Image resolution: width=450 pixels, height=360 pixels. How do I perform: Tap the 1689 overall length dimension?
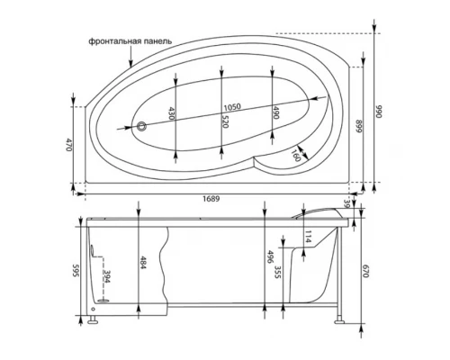point(211,199)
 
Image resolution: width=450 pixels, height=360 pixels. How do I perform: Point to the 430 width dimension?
point(171,113)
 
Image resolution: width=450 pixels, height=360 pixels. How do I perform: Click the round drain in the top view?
point(141,127)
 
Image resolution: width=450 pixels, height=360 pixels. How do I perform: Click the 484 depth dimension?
point(142,262)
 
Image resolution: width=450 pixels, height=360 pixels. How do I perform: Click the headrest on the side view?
point(319,211)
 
